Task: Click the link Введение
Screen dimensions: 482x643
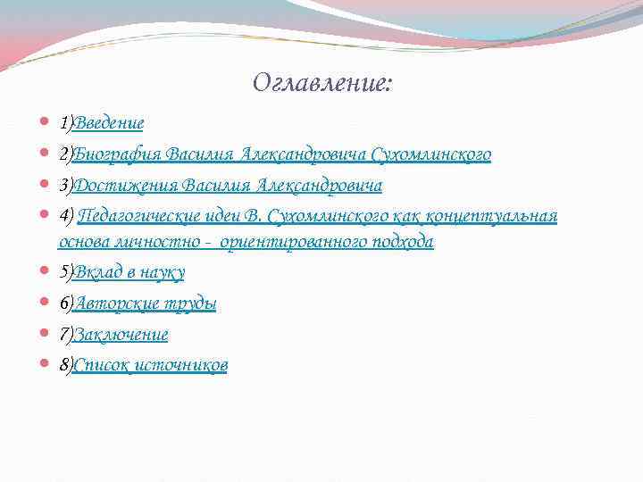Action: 109,122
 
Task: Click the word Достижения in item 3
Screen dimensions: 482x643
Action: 124,186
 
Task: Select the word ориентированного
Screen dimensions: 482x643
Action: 295,242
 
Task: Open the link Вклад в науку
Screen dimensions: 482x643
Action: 129,271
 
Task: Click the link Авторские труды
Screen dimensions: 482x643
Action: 146,303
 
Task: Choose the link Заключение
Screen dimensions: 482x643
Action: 121,335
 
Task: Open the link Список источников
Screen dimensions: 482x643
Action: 150,365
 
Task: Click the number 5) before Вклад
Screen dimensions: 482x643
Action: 66,271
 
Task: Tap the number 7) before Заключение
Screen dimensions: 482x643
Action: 66,335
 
